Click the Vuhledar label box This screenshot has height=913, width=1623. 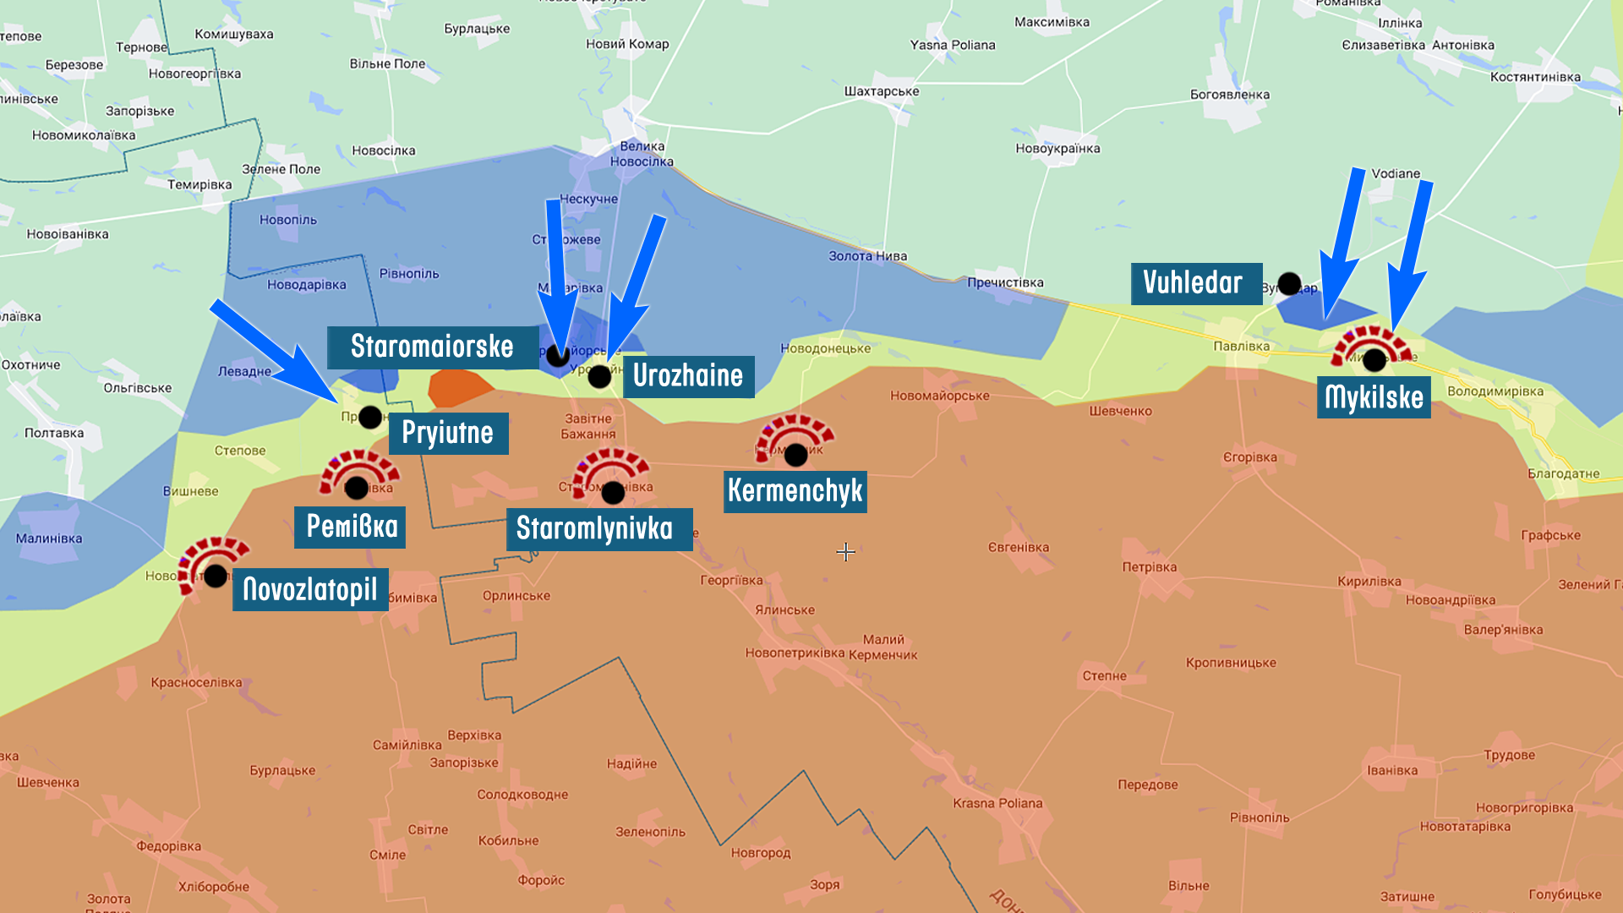(x=1195, y=283)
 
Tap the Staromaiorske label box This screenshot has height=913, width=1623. (x=432, y=347)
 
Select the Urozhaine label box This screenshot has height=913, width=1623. (x=688, y=376)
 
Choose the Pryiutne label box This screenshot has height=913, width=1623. (x=448, y=433)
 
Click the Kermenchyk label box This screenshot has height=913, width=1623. (x=795, y=491)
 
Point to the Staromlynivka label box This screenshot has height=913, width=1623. (x=598, y=529)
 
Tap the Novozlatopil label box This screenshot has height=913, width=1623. (x=310, y=589)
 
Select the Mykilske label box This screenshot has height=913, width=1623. (x=1374, y=397)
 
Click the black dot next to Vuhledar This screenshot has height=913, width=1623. (x=1289, y=284)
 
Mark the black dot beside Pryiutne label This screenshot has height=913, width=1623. (x=370, y=417)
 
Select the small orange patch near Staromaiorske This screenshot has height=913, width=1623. (x=458, y=387)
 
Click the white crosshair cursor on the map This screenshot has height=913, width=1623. (x=845, y=552)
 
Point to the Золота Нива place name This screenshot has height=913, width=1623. (x=867, y=256)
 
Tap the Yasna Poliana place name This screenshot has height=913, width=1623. (x=953, y=45)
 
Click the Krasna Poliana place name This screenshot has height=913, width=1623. (x=997, y=803)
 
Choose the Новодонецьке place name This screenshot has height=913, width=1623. (x=825, y=348)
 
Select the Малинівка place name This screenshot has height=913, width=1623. (x=49, y=539)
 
